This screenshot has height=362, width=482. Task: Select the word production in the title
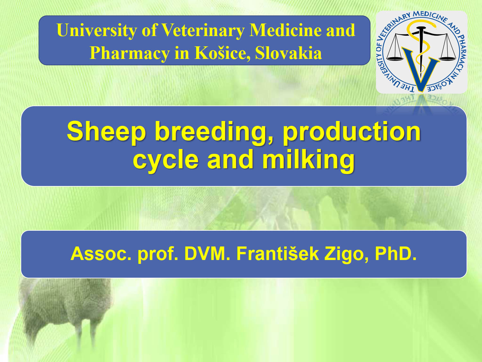pos(352,132)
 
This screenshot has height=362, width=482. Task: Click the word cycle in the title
pos(166,161)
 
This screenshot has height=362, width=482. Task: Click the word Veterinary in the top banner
pos(203,31)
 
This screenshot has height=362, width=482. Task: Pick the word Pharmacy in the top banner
pos(129,53)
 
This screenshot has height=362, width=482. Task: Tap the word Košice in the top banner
pos(222,53)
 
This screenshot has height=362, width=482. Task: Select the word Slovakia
pos(289,53)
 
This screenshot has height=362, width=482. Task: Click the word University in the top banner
pos(97,31)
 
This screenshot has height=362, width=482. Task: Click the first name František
pos(278,254)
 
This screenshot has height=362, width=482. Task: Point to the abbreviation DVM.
pos(207,254)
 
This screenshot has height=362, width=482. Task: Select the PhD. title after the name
pos(396,254)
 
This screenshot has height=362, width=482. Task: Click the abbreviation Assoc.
pos(101,254)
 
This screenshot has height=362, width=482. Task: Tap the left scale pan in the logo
pos(395,59)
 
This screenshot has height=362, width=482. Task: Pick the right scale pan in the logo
pos(447,59)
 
